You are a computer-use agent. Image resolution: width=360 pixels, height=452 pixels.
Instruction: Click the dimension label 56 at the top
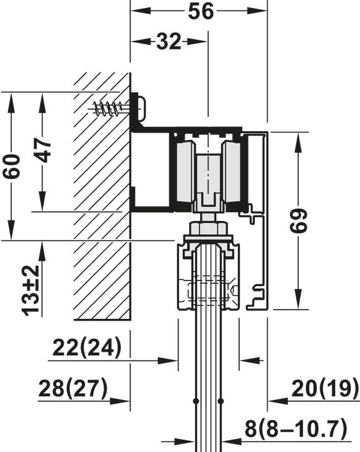(199, 11)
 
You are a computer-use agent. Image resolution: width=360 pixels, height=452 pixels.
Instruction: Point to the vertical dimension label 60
(11, 166)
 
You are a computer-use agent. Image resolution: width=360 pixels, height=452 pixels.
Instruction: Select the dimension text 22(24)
(87, 348)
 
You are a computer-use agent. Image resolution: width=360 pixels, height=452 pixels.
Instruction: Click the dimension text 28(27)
(72, 389)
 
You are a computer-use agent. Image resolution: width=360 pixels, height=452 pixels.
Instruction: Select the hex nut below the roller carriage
(208, 228)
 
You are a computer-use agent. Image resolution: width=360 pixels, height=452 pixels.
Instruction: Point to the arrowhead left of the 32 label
(138, 41)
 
